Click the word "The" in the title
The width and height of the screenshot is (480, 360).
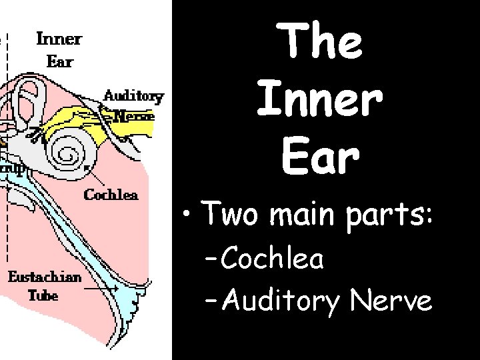pyautogui.click(x=323, y=41)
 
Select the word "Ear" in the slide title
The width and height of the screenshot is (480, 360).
pyautogui.click(x=321, y=157)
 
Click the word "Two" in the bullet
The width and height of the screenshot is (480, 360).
pyautogui.click(x=228, y=215)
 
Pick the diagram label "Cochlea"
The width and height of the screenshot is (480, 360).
pyautogui.click(x=111, y=195)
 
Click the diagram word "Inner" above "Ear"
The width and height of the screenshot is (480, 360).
pyautogui.click(x=59, y=38)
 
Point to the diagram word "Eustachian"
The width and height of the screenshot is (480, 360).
pyautogui.click(x=45, y=277)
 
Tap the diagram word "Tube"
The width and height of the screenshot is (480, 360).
pyautogui.click(x=43, y=295)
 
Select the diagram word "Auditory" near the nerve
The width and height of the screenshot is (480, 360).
pyautogui.click(x=133, y=95)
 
